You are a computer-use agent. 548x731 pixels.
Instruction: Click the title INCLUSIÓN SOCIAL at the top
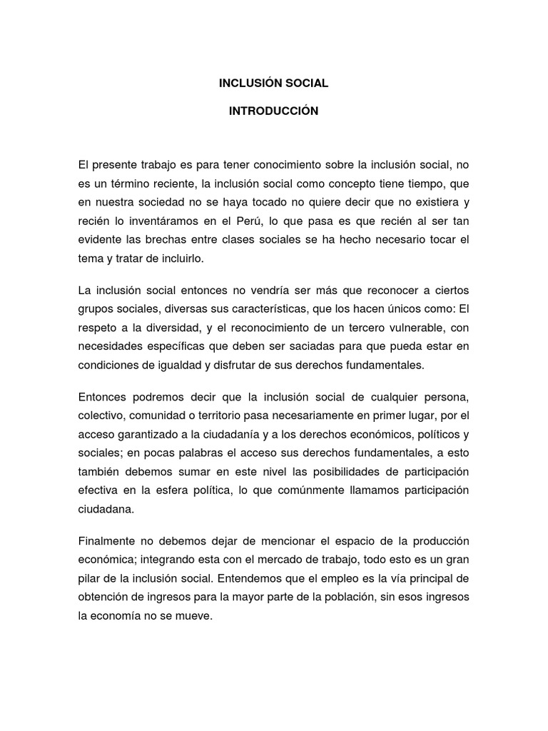point(273,83)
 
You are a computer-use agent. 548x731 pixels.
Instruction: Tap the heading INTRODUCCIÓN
point(273,111)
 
